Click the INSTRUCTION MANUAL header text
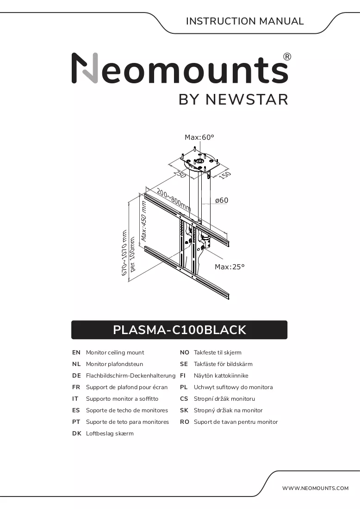click(x=245, y=21)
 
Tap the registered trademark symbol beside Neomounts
click(x=287, y=57)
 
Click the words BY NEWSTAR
click(x=233, y=99)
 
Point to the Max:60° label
click(x=199, y=137)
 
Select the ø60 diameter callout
click(x=222, y=200)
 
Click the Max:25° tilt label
click(x=230, y=267)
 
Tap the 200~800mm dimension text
click(x=174, y=199)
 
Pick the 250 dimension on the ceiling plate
click(x=180, y=174)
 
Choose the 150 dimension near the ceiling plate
click(x=224, y=175)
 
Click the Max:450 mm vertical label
click(x=144, y=221)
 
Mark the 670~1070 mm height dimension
click(x=124, y=253)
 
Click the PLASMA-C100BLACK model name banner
click(x=179, y=330)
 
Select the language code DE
click(x=76, y=376)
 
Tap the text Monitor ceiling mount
click(x=115, y=353)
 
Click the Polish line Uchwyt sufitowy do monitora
click(x=233, y=387)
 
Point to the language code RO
click(x=184, y=422)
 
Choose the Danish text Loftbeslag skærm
click(x=110, y=434)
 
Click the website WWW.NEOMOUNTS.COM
click(x=315, y=488)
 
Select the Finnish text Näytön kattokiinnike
click(x=221, y=376)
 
